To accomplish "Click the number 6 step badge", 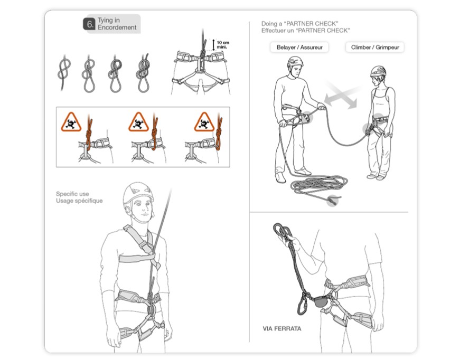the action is pyautogui.click(x=89, y=24).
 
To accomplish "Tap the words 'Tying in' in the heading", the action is pyautogui.click(x=109, y=20).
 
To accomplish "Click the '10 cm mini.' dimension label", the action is pyautogui.click(x=223, y=44).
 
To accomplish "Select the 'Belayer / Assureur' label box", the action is pyautogui.click(x=299, y=47).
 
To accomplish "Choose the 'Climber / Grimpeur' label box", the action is pyautogui.click(x=375, y=47).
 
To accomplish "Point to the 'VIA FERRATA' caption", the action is pyautogui.click(x=282, y=329).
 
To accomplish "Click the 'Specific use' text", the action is pyautogui.click(x=72, y=194).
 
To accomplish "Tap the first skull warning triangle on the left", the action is pyautogui.click(x=71, y=122).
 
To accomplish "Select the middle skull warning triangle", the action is pyautogui.click(x=138, y=122).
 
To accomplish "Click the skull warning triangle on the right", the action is pyautogui.click(x=204, y=122).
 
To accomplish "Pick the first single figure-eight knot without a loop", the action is pyautogui.click(x=64, y=72).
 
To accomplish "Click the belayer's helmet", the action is pyautogui.click(x=295, y=62).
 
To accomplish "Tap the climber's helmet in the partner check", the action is pyautogui.click(x=378, y=71).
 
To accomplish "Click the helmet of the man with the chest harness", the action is pyautogui.click(x=138, y=193).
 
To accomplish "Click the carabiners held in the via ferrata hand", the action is pyautogui.click(x=282, y=230).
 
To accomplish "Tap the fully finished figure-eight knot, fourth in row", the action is pyautogui.click(x=144, y=73).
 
